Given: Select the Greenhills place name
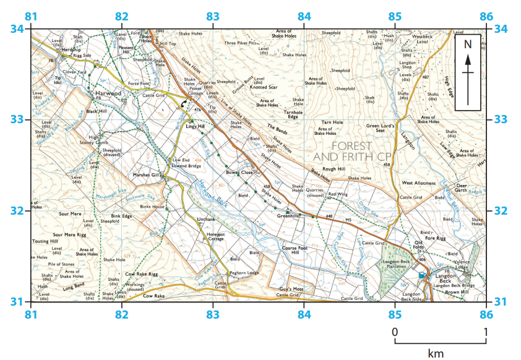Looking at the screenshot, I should click(x=288, y=216).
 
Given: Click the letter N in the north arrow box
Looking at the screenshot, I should click(x=468, y=44).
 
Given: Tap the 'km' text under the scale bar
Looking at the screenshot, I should click(x=436, y=353).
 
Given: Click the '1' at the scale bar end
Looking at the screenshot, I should click(x=486, y=332).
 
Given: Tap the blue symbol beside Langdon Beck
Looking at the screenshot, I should click(x=422, y=274).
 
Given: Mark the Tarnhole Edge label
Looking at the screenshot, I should click(x=293, y=115).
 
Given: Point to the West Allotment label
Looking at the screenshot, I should click(x=419, y=183).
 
